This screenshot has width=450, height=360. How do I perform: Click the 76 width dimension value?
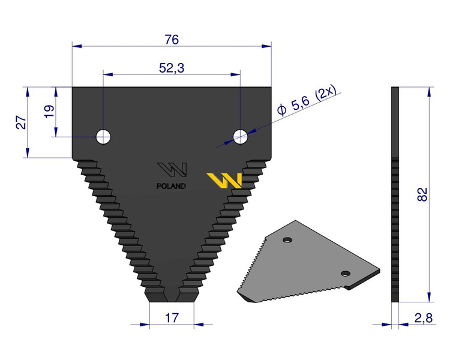[x=172, y=40]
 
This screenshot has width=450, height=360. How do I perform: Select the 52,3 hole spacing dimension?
[x=172, y=68]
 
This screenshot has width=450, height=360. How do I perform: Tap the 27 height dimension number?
[x=21, y=122]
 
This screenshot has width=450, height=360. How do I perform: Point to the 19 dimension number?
[x=49, y=111]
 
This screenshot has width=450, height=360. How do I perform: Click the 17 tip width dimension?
[x=172, y=318]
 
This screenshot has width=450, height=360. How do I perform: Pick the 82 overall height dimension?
[x=422, y=194]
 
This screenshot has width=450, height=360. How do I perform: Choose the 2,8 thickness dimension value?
[x=424, y=318]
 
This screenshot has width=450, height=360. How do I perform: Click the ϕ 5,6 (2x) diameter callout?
[x=307, y=101]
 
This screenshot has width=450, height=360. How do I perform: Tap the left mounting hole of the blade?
[x=103, y=137]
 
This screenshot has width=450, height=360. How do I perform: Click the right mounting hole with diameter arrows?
[x=240, y=137]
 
